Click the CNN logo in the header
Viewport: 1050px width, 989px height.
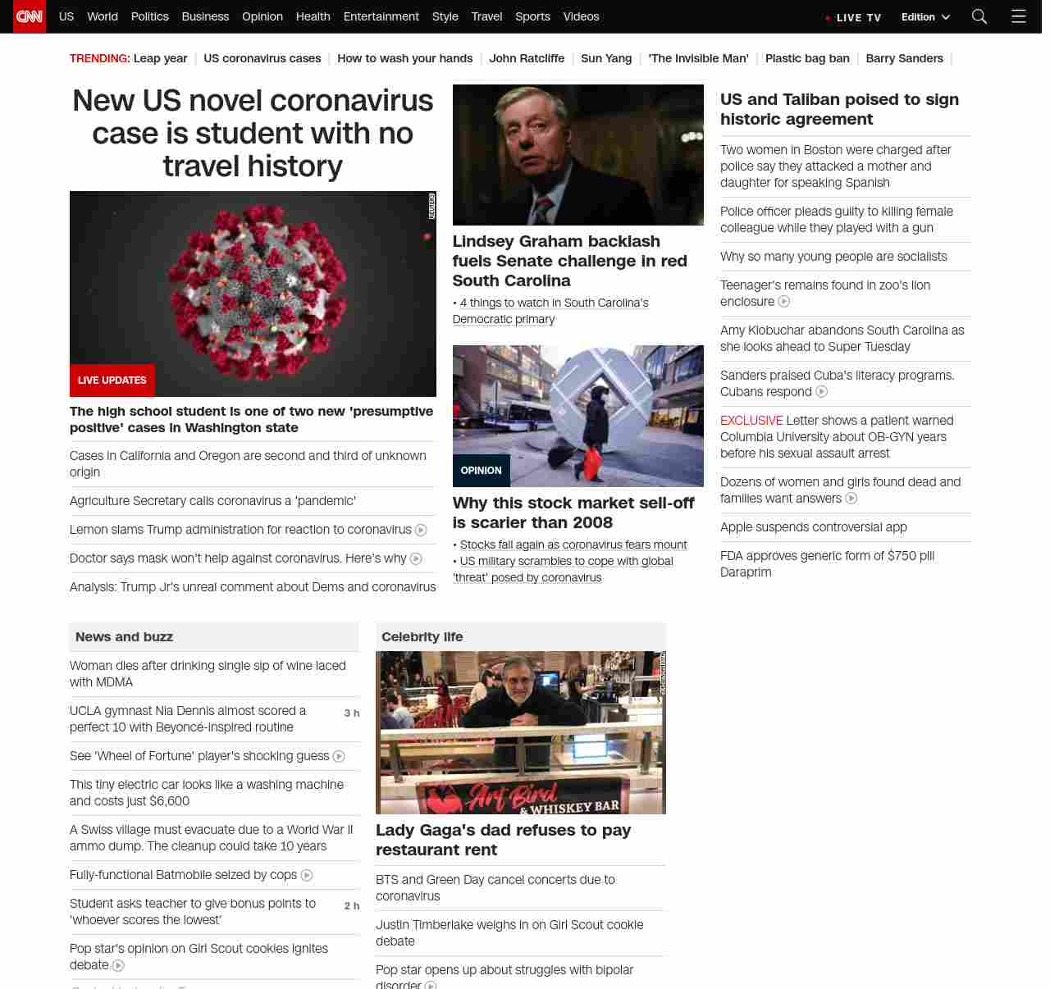30,16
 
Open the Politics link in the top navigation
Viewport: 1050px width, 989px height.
149,16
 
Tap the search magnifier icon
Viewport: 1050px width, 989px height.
979,16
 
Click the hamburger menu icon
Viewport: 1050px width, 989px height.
1018,16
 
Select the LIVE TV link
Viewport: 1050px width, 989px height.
858,17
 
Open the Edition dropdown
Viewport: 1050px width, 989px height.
924,16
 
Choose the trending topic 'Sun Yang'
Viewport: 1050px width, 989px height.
606,58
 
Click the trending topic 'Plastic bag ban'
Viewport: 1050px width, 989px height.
806,58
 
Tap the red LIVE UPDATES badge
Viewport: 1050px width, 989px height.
112,381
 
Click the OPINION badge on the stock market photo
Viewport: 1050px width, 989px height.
481,471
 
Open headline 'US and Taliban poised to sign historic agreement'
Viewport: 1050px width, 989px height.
839,109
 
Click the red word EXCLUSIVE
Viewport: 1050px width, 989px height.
751,421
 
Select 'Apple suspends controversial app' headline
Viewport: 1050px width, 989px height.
813,527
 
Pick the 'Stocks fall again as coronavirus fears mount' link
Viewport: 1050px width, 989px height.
573,545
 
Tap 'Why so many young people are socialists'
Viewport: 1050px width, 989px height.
833,257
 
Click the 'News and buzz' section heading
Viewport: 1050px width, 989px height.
124,637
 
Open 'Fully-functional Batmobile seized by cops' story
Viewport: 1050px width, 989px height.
183,875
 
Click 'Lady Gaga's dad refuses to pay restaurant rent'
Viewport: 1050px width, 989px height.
503,840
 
